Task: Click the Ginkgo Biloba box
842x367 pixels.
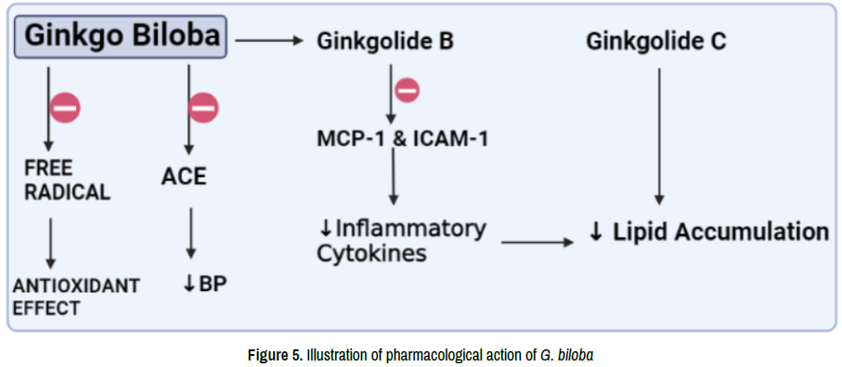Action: tap(121, 36)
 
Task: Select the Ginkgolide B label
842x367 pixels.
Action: tap(385, 42)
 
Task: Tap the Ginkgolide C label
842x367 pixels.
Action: tap(656, 42)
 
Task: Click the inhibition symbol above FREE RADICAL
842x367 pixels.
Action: tap(65, 108)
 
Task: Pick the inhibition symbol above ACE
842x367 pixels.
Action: tap(203, 108)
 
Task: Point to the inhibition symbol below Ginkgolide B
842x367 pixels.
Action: tap(408, 90)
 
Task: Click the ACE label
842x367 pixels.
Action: tap(184, 176)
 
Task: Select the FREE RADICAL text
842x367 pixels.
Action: tap(67, 180)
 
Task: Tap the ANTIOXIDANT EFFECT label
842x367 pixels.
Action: tap(76, 297)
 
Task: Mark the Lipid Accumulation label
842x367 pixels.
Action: tap(709, 232)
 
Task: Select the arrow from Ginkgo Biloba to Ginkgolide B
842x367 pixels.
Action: tap(267, 40)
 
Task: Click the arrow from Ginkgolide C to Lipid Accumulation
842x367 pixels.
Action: tap(659, 136)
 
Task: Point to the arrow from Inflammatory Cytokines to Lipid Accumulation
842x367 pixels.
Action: tap(538, 243)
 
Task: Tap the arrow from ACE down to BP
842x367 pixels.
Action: tap(190, 234)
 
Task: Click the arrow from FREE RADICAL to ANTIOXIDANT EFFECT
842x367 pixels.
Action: tap(50, 243)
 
